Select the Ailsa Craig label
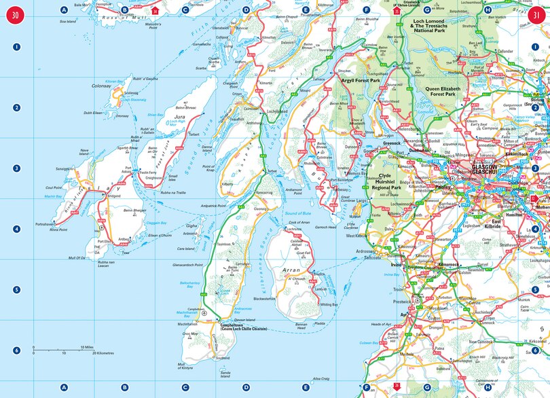(320, 378)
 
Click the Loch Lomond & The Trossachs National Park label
(438, 26)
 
